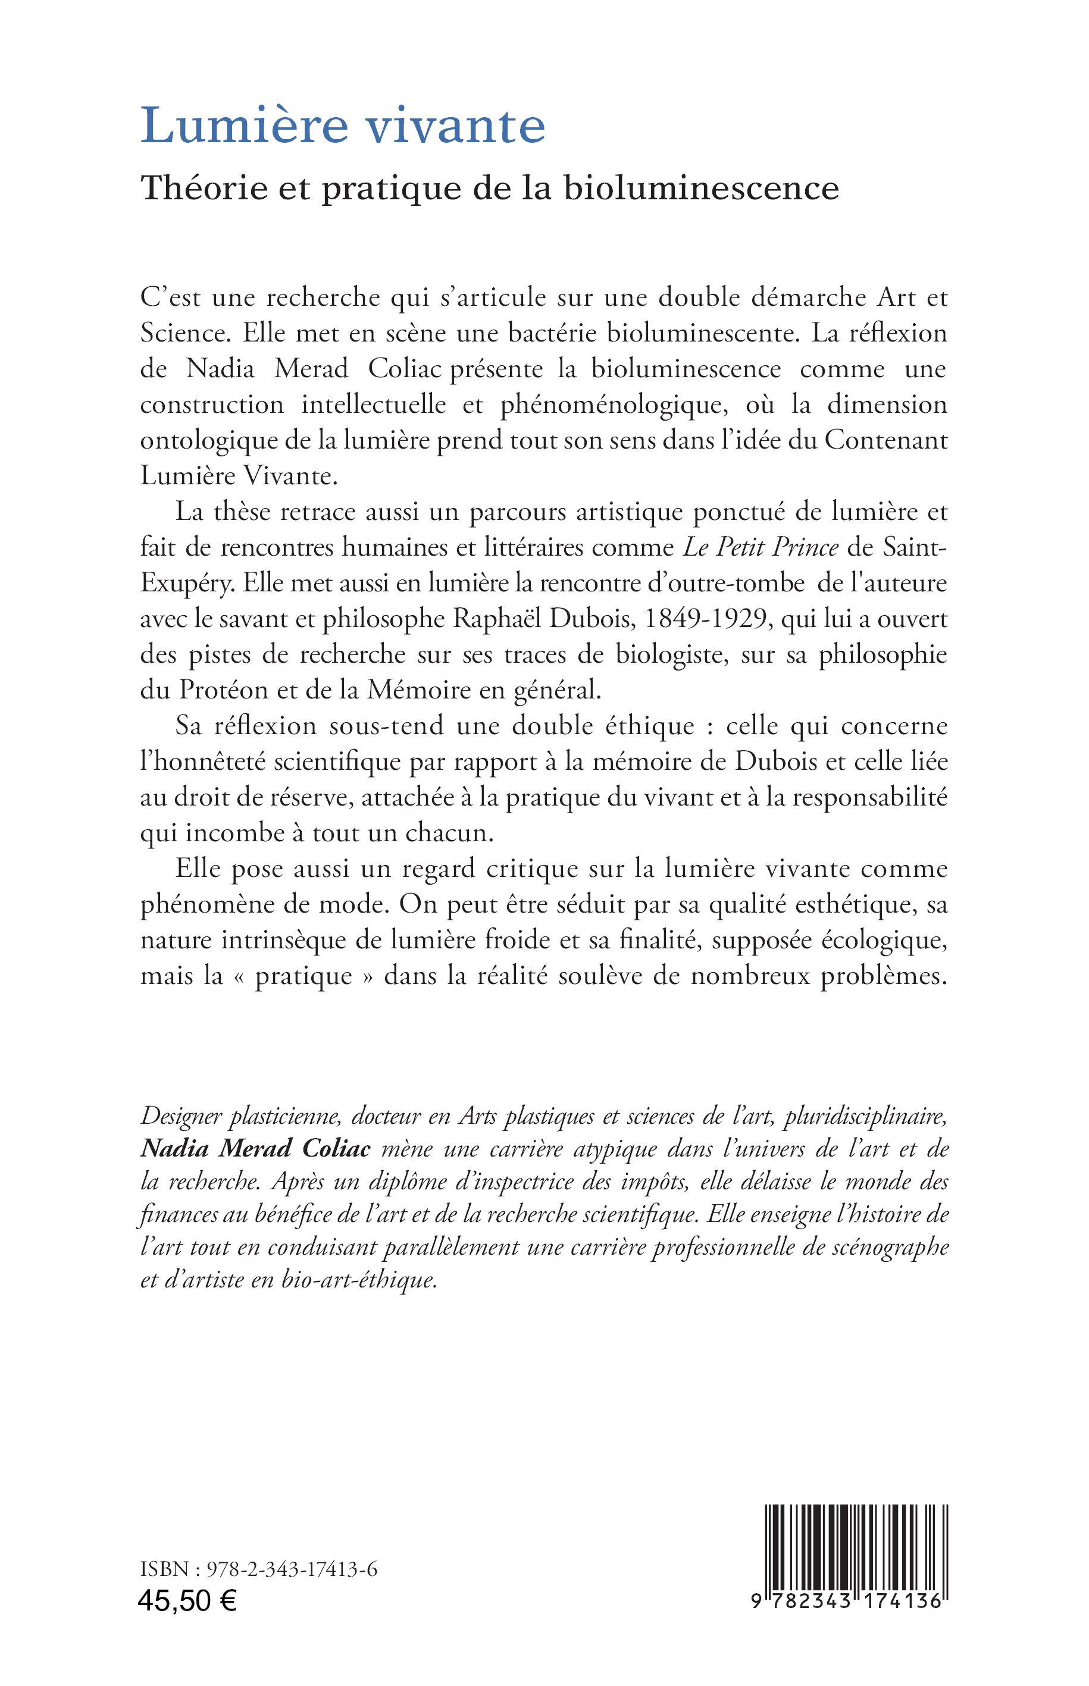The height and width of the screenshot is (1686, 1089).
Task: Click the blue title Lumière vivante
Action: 343,126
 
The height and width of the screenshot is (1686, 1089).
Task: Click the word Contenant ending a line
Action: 886,441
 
